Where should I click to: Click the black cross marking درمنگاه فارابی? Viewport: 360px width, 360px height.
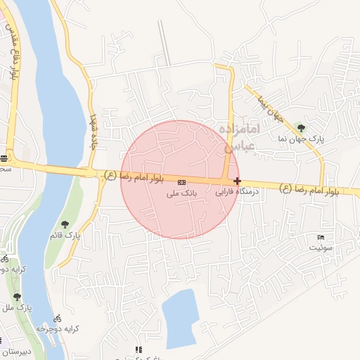click(x=237, y=181)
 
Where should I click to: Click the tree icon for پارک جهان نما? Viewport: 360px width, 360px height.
click(x=302, y=128)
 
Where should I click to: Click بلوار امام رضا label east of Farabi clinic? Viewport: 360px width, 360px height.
click(x=309, y=190)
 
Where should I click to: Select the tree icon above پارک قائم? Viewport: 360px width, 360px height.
click(x=65, y=224)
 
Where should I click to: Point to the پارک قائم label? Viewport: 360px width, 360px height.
click(x=65, y=236)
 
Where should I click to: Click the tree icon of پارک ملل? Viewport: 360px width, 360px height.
click(x=17, y=297)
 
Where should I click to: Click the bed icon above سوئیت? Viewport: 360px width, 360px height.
click(x=321, y=236)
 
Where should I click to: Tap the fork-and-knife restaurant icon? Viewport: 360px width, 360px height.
click(x=139, y=349)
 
